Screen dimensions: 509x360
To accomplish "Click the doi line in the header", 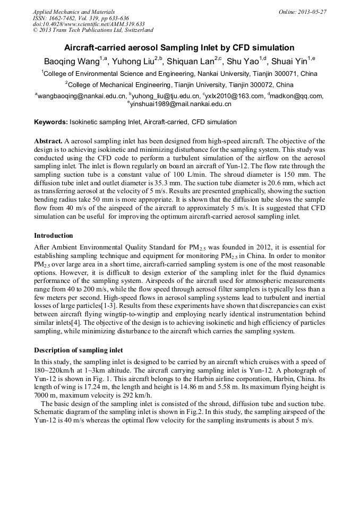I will (x=89, y=24).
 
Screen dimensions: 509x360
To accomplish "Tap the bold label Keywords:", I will (x=51, y=122).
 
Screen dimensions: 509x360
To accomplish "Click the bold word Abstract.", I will (x=48, y=141).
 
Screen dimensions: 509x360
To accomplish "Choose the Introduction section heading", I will (x=54, y=235).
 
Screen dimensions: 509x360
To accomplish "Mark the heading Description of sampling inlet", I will (x=78, y=350).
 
